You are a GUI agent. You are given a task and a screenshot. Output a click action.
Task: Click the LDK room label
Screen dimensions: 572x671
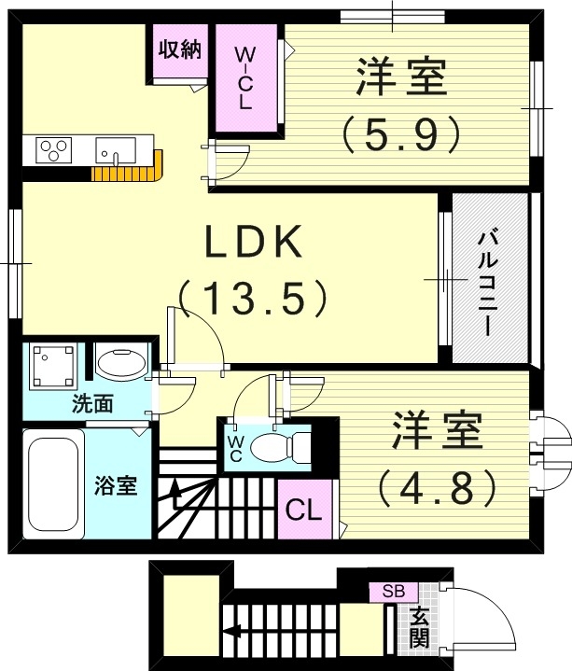point(254,242)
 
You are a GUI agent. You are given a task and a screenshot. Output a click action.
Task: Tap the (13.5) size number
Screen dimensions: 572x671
point(253,298)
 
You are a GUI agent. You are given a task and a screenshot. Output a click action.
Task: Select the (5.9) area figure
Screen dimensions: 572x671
point(401,134)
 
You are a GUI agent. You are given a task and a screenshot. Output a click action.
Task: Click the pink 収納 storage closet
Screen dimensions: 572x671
point(180,50)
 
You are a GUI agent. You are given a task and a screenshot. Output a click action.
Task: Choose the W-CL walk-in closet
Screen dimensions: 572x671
point(246,77)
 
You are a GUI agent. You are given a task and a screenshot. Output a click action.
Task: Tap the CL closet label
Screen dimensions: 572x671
point(304,510)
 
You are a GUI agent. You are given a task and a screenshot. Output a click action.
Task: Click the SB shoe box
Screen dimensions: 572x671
point(394,592)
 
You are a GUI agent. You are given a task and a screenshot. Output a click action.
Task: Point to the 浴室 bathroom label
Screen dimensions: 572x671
point(116,485)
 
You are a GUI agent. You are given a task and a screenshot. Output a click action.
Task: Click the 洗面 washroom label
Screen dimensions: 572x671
point(92,403)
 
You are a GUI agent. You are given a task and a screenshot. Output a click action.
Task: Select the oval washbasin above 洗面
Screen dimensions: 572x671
point(121,362)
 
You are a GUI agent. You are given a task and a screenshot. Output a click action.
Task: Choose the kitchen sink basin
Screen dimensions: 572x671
point(116,150)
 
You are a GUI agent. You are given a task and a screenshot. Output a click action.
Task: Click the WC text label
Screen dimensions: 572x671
point(234,448)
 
